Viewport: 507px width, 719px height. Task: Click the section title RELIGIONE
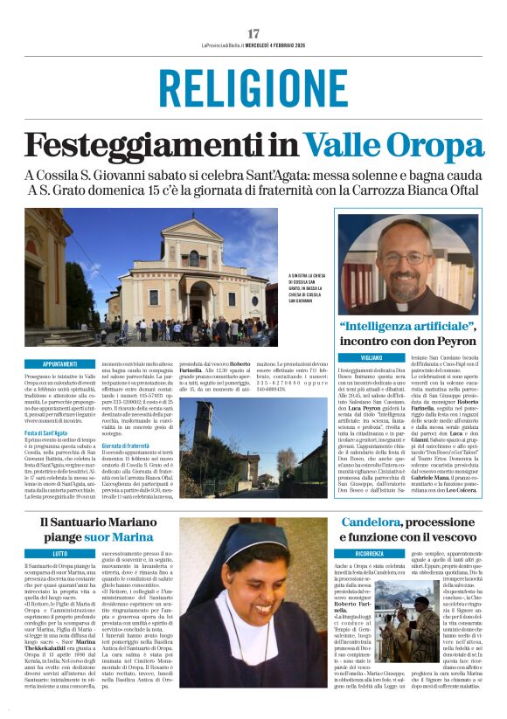(x=253, y=89)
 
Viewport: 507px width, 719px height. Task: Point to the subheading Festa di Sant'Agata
(x=46, y=432)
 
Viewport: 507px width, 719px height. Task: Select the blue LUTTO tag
(x=59, y=554)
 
